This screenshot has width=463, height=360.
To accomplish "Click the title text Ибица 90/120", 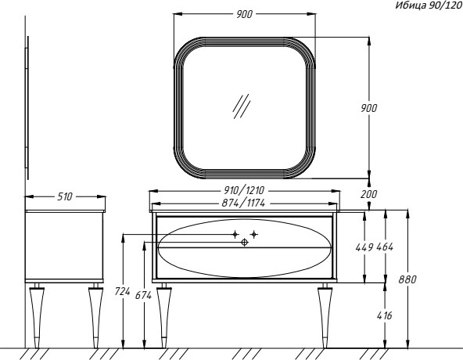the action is click(x=429, y=5).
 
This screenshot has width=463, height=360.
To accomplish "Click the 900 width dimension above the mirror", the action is click(x=245, y=14).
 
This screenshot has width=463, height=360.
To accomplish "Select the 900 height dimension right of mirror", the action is click(x=369, y=108).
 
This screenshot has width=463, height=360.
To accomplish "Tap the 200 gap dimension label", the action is click(x=369, y=194).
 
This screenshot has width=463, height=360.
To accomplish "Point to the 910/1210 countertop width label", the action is click(x=244, y=190).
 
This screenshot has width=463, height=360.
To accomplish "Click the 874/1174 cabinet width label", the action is click(x=243, y=203).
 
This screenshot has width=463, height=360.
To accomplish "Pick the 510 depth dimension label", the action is click(x=65, y=196).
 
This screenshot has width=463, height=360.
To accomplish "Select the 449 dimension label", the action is click(x=364, y=247).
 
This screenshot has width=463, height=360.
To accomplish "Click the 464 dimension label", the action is click(x=385, y=247).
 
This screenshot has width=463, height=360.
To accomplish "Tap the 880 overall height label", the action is click(x=407, y=279).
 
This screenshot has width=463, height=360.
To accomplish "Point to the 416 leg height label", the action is click(x=385, y=315).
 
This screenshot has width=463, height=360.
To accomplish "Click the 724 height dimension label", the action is click(x=123, y=292).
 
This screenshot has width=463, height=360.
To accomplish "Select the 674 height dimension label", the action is click(x=143, y=295).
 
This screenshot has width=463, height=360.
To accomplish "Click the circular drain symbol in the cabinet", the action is click(x=245, y=243).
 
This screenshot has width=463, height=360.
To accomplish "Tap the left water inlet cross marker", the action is click(x=235, y=235).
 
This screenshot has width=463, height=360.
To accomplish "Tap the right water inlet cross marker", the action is click(x=254, y=235).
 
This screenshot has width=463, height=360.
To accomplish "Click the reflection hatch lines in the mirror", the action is click(x=242, y=106).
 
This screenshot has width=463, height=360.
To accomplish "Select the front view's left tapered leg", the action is click(x=164, y=315).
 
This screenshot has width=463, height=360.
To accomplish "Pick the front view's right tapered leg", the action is click(x=325, y=315).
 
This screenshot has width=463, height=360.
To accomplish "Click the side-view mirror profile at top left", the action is click(x=27, y=108).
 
